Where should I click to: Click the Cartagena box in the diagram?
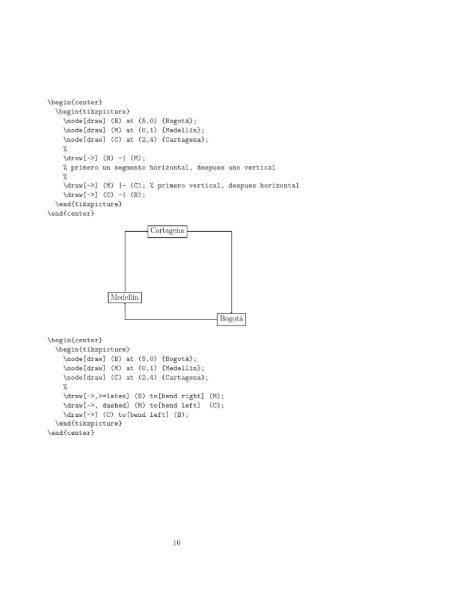167,231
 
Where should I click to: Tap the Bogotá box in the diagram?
232,319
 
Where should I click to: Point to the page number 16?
176,543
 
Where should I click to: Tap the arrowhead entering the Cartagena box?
146,231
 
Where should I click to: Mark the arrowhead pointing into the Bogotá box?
232,311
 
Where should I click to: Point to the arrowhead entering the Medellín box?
125,304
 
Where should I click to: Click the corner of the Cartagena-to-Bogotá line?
232,231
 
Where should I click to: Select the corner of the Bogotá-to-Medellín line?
125,320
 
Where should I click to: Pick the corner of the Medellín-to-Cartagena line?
125,231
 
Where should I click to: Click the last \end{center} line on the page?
71,432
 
